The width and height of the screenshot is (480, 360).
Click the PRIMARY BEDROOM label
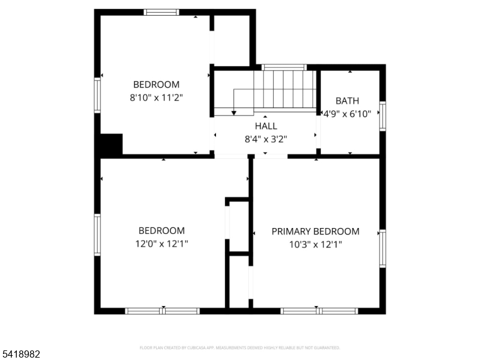coord(316,231)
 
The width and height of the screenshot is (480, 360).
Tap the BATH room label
coord(347,101)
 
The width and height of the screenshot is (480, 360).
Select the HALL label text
coord(266,126)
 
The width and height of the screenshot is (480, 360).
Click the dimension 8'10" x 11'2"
coord(156,98)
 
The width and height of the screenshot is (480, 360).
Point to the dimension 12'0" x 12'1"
coord(161,244)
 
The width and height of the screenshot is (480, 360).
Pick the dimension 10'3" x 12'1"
coord(316,244)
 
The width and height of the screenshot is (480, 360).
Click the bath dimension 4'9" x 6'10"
coord(347,113)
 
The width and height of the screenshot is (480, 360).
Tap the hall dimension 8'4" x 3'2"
coord(266,139)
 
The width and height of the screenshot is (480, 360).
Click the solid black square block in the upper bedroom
coord(111,145)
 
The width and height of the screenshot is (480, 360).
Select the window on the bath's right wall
coord(382,116)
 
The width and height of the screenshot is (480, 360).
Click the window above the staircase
coord(284,67)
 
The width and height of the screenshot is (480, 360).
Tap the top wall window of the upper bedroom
coord(161,12)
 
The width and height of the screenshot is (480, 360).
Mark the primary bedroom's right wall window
coord(382,248)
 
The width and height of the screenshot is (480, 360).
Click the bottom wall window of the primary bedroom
coord(319,311)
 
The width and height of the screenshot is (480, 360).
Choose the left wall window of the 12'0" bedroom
coord(97,235)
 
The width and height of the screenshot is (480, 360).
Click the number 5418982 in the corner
coord(21,355)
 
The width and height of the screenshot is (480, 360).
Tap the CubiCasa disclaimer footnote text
coord(240,347)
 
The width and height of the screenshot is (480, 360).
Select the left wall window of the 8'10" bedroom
coord(97,95)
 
